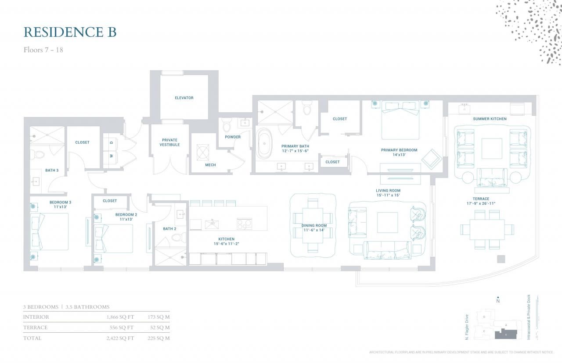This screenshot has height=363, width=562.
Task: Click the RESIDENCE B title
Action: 70,32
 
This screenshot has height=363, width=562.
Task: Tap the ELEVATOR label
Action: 184,98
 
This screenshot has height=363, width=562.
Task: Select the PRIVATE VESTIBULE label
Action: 169,142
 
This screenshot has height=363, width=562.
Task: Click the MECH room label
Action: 210,165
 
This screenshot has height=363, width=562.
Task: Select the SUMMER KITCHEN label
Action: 490,119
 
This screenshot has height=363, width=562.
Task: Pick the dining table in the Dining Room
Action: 313,226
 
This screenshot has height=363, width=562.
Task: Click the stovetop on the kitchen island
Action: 244,224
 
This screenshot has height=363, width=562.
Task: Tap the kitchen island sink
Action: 212,224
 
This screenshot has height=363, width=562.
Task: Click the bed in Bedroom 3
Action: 49,231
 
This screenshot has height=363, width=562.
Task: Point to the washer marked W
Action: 112,156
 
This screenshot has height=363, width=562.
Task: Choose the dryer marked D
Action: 112,142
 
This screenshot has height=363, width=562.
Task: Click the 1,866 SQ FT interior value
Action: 120,317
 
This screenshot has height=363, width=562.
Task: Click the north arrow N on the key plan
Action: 497,300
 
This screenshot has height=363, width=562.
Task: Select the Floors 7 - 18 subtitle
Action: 43,50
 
